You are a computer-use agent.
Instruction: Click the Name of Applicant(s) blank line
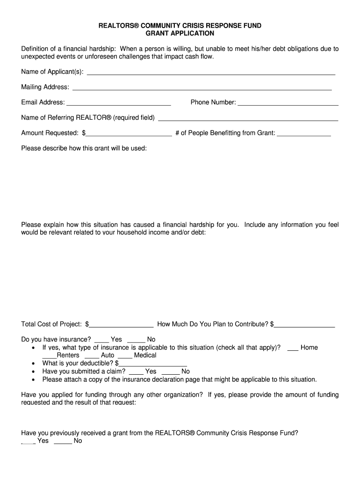pyautogui.click(x=211, y=73)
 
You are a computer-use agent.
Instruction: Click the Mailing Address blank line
pyautogui.click(x=202, y=88)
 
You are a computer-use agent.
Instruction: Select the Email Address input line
pyautogui.click(x=119, y=103)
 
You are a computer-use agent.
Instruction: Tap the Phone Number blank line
pyautogui.click(x=288, y=103)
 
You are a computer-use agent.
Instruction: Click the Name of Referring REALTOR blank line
pyautogui.click(x=248, y=119)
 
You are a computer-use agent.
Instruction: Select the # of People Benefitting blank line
pyautogui.click(x=304, y=134)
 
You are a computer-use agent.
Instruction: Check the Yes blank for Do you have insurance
pyautogui.click(x=101, y=341)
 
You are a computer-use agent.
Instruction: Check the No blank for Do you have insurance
pyautogui.click(x=136, y=341)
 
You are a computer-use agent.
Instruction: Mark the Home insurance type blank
pyautogui.click(x=293, y=348)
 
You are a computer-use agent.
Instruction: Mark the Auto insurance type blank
pyautogui.click(x=92, y=356)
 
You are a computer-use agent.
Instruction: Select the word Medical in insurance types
pyautogui.click(x=145, y=356)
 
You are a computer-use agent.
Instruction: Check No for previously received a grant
pyautogui.click(x=63, y=442)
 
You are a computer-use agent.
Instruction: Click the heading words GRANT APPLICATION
pyautogui.click(x=180, y=34)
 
